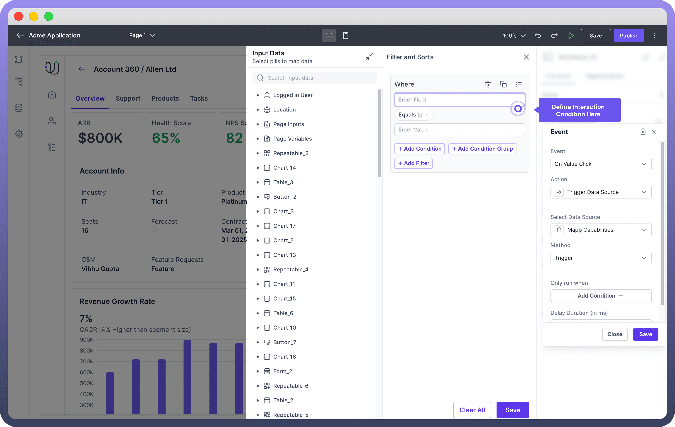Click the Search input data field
(x=320, y=78)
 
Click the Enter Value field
(x=459, y=130)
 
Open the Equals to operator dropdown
(x=413, y=115)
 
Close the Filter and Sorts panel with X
(x=526, y=57)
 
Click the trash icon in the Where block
(x=488, y=84)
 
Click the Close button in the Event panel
(x=614, y=334)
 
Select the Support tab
(x=128, y=98)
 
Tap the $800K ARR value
(x=100, y=138)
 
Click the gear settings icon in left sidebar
(x=19, y=134)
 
